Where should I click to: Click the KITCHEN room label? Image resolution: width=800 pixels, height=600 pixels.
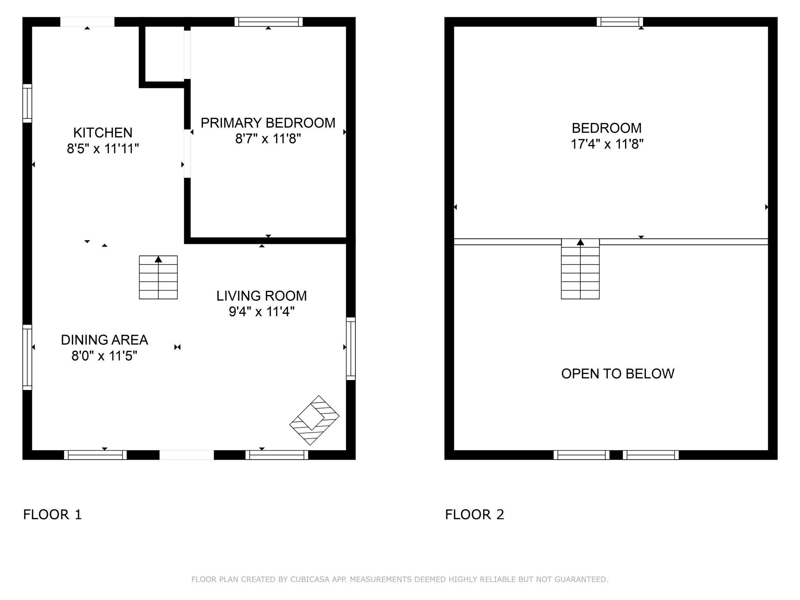[x=103, y=133]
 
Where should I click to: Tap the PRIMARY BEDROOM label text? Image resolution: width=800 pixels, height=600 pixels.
[x=268, y=123]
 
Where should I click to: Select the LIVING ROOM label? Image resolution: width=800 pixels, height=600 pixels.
[x=261, y=296]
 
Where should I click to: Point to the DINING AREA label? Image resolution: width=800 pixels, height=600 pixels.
[x=104, y=340]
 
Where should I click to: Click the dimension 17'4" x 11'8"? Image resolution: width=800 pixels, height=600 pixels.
[x=607, y=144]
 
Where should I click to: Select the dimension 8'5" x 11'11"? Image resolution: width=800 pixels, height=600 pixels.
[x=103, y=148]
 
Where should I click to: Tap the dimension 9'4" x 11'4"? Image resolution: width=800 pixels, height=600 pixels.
[x=261, y=312]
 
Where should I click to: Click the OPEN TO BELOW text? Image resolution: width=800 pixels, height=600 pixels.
[x=617, y=374]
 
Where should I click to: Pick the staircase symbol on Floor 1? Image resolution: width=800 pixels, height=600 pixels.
[x=158, y=277]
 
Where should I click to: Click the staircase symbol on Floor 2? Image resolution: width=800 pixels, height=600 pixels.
[x=580, y=269]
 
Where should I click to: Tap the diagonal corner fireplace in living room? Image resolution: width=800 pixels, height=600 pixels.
[x=314, y=420]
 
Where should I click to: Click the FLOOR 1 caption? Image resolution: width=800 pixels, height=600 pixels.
[x=52, y=515]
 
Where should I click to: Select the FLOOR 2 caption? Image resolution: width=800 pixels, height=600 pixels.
[x=474, y=515]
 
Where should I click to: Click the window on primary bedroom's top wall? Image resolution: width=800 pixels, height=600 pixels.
[x=268, y=22]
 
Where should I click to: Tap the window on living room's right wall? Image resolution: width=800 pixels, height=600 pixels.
[x=351, y=348]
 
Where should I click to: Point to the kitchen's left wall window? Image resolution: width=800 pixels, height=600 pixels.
[x=27, y=103]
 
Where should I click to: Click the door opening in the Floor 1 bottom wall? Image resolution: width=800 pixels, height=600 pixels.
[x=187, y=455]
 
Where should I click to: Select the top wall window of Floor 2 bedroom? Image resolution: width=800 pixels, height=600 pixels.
[x=620, y=22]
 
